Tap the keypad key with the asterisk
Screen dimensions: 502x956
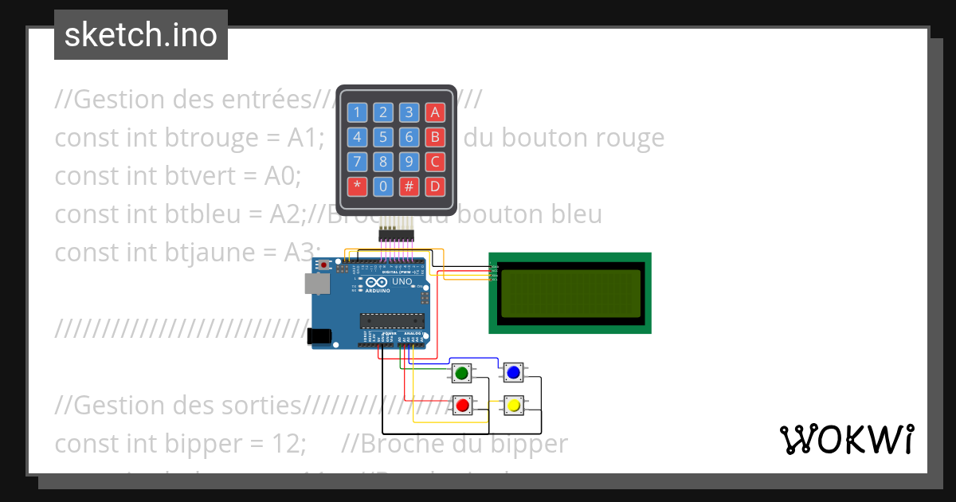pos(357,187)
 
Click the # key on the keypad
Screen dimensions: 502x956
pos(409,187)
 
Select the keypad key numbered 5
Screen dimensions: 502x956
pos(383,137)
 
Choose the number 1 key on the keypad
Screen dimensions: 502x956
pos(357,112)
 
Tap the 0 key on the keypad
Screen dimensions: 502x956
pos(383,187)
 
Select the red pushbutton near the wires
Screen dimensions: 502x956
pos(461,406)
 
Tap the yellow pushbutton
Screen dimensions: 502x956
pos(513,406)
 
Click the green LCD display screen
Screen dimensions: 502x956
pos(570,293)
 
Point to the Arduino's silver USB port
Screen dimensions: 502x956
pos(316,283)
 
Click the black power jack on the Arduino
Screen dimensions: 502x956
pos(320,336)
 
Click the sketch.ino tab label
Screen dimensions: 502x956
pos(141,35)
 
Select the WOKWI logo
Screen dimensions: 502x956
pos(846,439)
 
